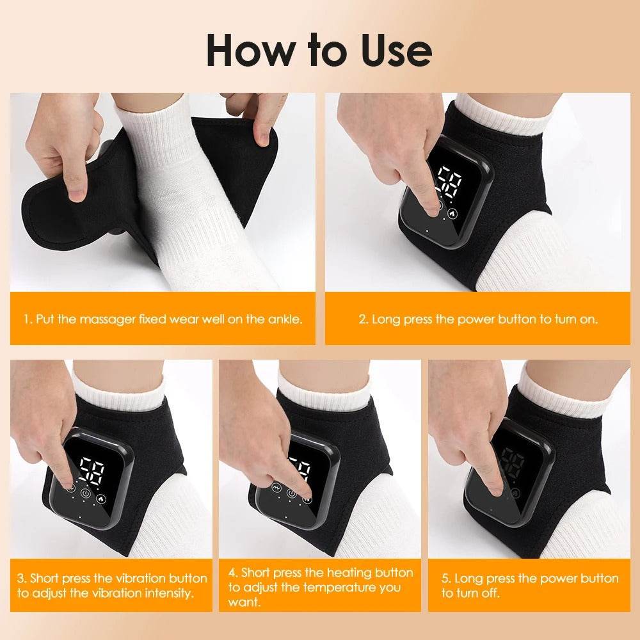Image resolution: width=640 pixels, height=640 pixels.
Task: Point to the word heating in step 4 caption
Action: click(x=352, y=572)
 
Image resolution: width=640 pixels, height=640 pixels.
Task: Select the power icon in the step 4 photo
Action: click(x=292, y=493)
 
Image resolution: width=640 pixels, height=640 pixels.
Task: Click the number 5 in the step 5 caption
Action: click(x=445, y=578)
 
